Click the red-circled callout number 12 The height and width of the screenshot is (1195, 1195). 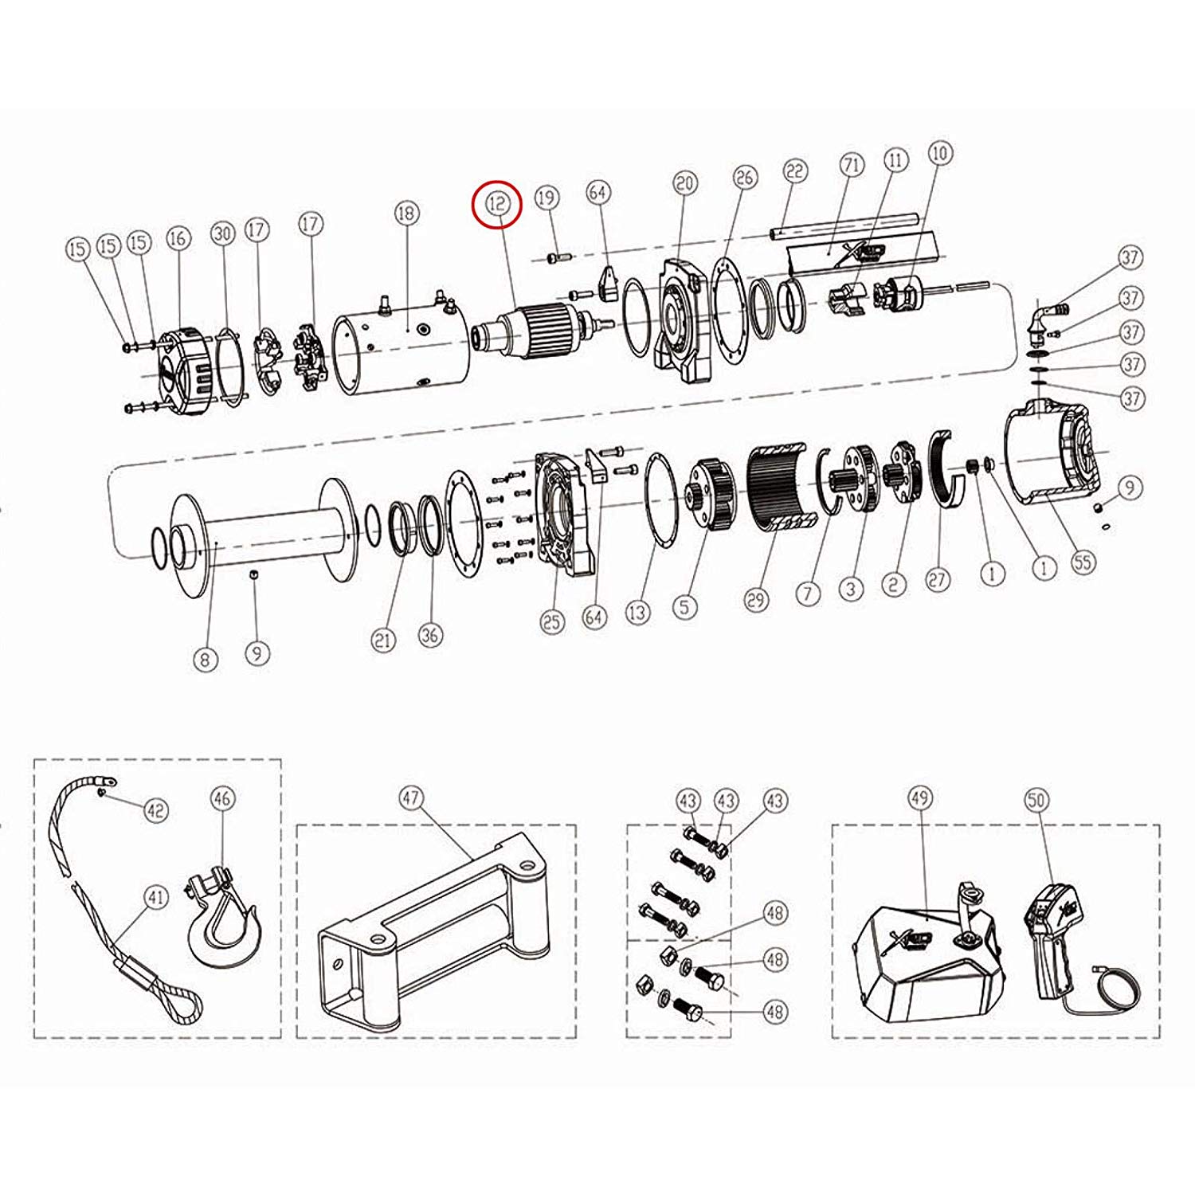pyautogui.click(x=496, y=204)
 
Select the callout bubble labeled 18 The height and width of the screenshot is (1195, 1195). pyautogui.click(x=406, y=213)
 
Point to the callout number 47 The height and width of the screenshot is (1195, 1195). pyautogui.click(x=411, y=797)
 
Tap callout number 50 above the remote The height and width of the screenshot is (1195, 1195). pyautogui.click(x=1036, y=799)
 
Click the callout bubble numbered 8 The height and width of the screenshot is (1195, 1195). pyautogui.click(x=206, y=660)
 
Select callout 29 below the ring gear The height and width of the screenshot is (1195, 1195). pyautogui.click(x=756, y=598)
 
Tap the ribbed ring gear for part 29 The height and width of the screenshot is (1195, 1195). pyautogui.click(x=781, y=486)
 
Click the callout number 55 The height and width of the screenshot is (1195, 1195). pyautogui.click(x=1083, y=562)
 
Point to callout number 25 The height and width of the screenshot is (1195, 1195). pyautogui.click(x=552, y=621)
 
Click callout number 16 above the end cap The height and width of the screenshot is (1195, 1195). pyautogui.click(x=177, y=237)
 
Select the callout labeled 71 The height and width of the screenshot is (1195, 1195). pyautogui.click(x=852, y=166)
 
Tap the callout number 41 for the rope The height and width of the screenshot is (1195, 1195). pyautogui.click(x=156, y=898)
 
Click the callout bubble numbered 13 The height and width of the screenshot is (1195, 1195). pyautogui.click(x=637, y=613)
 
